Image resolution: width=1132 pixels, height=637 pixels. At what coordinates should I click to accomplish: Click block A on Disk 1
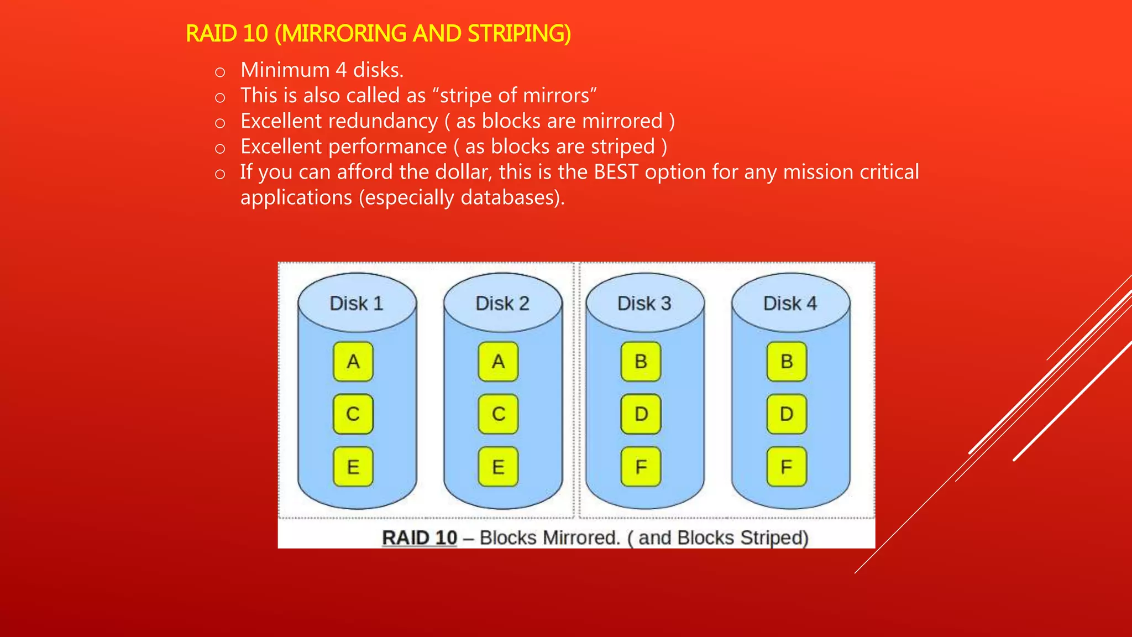point(353,362)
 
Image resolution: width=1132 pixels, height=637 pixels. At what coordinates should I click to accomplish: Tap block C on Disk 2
point(499,414)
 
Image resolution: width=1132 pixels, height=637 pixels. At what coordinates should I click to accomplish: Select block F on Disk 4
point(787,467)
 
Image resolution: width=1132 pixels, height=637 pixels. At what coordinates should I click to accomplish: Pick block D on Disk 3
point(641,414)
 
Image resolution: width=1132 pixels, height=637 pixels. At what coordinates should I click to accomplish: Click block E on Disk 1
point(353,467)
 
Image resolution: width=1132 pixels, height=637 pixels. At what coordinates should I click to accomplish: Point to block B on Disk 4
point(787,362)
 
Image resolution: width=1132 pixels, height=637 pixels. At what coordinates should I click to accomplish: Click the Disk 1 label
point(357,304)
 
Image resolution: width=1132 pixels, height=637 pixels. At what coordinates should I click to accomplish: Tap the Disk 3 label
point(644,304)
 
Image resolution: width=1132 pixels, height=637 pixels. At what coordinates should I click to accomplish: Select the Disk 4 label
point(790,304)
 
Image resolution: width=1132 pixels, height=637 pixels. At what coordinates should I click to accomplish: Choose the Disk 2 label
point(502,304)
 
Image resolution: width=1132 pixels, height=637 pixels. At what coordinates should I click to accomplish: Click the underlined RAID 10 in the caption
point(420,537)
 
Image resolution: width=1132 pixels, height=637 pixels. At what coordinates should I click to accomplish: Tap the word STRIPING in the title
point(518,34)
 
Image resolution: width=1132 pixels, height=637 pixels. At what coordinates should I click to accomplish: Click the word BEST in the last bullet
point(616,172)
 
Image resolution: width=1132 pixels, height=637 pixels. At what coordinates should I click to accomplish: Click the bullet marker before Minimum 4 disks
point(220,72)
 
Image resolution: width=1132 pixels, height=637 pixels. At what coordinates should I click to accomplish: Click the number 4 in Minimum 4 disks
point(341,70)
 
